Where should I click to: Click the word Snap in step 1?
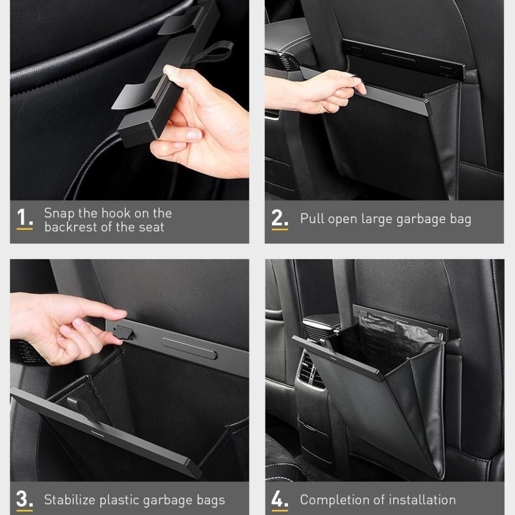(59, 213)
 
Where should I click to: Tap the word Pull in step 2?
(312, 219)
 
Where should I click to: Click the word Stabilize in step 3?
(70, 500)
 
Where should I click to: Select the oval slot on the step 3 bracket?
(189, 347)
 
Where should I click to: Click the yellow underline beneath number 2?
(280, 229)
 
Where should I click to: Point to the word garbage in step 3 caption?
(167, 501)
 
